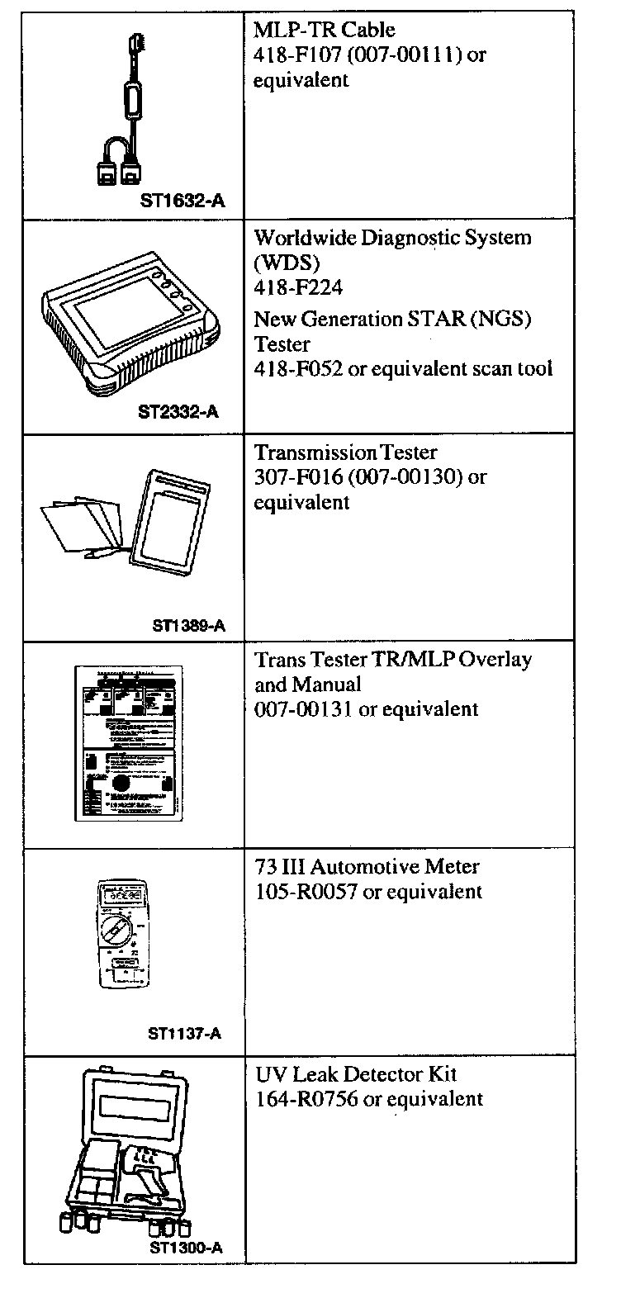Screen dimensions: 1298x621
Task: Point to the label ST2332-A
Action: coord(178,411)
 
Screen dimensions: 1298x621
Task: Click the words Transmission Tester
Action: coord(345,453)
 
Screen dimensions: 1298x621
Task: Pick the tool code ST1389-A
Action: coord(188,625)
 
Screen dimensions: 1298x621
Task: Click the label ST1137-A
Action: coord(184,1033)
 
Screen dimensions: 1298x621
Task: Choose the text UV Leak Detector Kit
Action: coord(355,1074)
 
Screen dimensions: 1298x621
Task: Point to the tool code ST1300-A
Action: coord(186,1248)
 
